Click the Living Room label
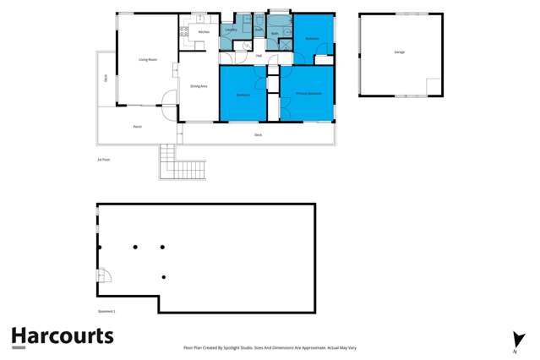point(149,59)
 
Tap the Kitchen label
point(204,32)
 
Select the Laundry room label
point(230,31)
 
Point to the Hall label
point(258,57)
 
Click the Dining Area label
point(199,85)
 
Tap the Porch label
point(137,126)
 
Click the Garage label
point(399,52)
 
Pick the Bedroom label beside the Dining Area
point(243,95)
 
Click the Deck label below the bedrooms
point(258,134)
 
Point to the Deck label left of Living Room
point(106,79)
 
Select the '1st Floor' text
point(104,159)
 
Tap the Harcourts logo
point(62,336)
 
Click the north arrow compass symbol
point(520,340)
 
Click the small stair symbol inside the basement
point(104,276)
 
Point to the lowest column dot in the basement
point(163,277)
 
